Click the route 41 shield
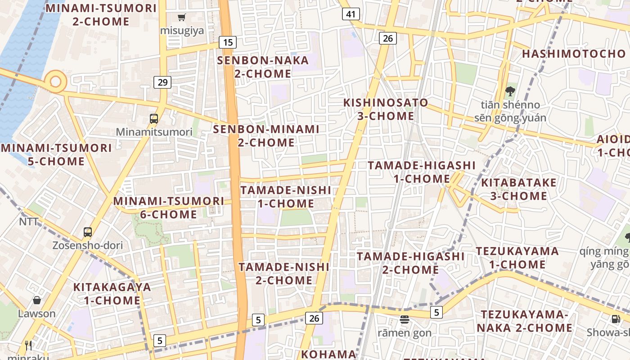click(351, 14)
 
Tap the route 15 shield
click(228, 43)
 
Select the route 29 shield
click(162, 82)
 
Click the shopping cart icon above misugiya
click(182, 18)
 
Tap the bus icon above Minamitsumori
click(154, 119)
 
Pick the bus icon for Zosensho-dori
click(88, 232)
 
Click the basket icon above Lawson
click(37, 300)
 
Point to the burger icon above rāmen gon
click(404, 319)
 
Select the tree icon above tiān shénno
click(510, 91)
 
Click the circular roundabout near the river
click(56, 82)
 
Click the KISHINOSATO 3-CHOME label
click(386, 109)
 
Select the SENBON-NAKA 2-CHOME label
click(263, 67)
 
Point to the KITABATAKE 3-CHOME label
click(519, 189)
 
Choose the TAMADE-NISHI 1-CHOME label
click(286, 197)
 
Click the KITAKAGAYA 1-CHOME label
click(112, 293)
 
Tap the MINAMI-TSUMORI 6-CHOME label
click(168, 207)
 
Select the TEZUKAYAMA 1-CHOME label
click(517, 257)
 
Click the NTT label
click(29, 222)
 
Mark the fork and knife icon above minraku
click(29, 345)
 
